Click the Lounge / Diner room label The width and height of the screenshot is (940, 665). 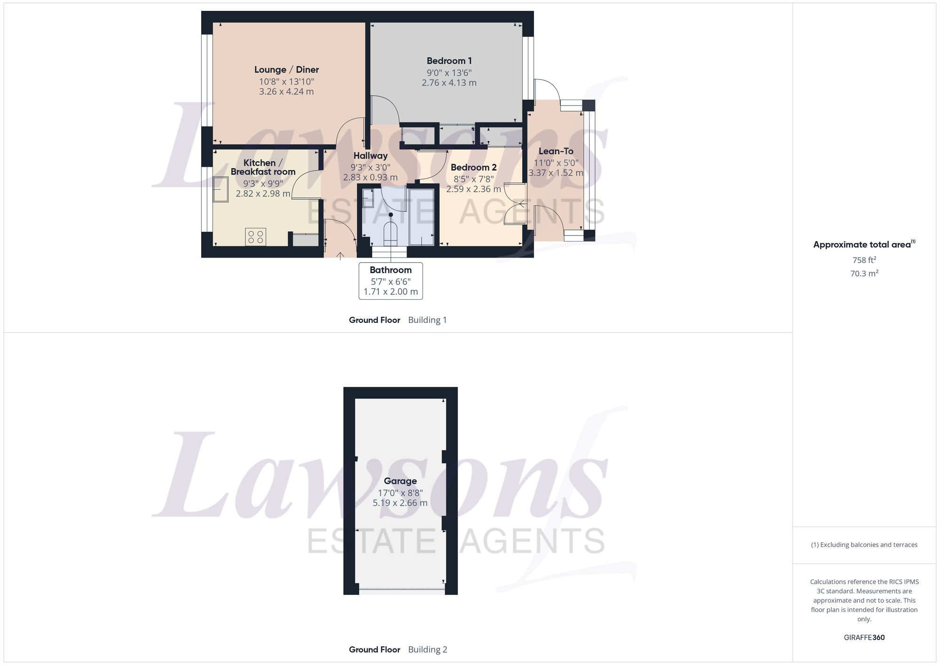(286, 70)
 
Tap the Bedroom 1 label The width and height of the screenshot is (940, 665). (449, 61)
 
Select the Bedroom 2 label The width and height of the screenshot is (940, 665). (473, 168)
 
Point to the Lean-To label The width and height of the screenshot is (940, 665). (556, 151)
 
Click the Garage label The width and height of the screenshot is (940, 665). (400, 481)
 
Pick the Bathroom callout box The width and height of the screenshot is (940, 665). (391, 281)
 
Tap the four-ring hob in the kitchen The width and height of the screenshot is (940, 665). (256, 237)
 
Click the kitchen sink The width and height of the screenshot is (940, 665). (220, 189)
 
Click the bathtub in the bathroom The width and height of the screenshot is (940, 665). (422, 217)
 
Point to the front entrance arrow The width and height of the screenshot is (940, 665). (340, 256)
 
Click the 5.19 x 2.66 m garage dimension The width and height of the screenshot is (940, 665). (400, 503)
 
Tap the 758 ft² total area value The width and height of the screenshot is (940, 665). (864, 260)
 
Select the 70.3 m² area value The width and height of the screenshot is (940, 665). (864, 274)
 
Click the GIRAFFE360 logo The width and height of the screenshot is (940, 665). (864, 638)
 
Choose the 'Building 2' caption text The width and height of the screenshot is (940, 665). (428, 649)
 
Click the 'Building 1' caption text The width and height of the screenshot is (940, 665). (427, 320)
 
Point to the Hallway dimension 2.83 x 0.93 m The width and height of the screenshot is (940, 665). (370, 178)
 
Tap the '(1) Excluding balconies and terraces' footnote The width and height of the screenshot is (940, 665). (864, 545)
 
